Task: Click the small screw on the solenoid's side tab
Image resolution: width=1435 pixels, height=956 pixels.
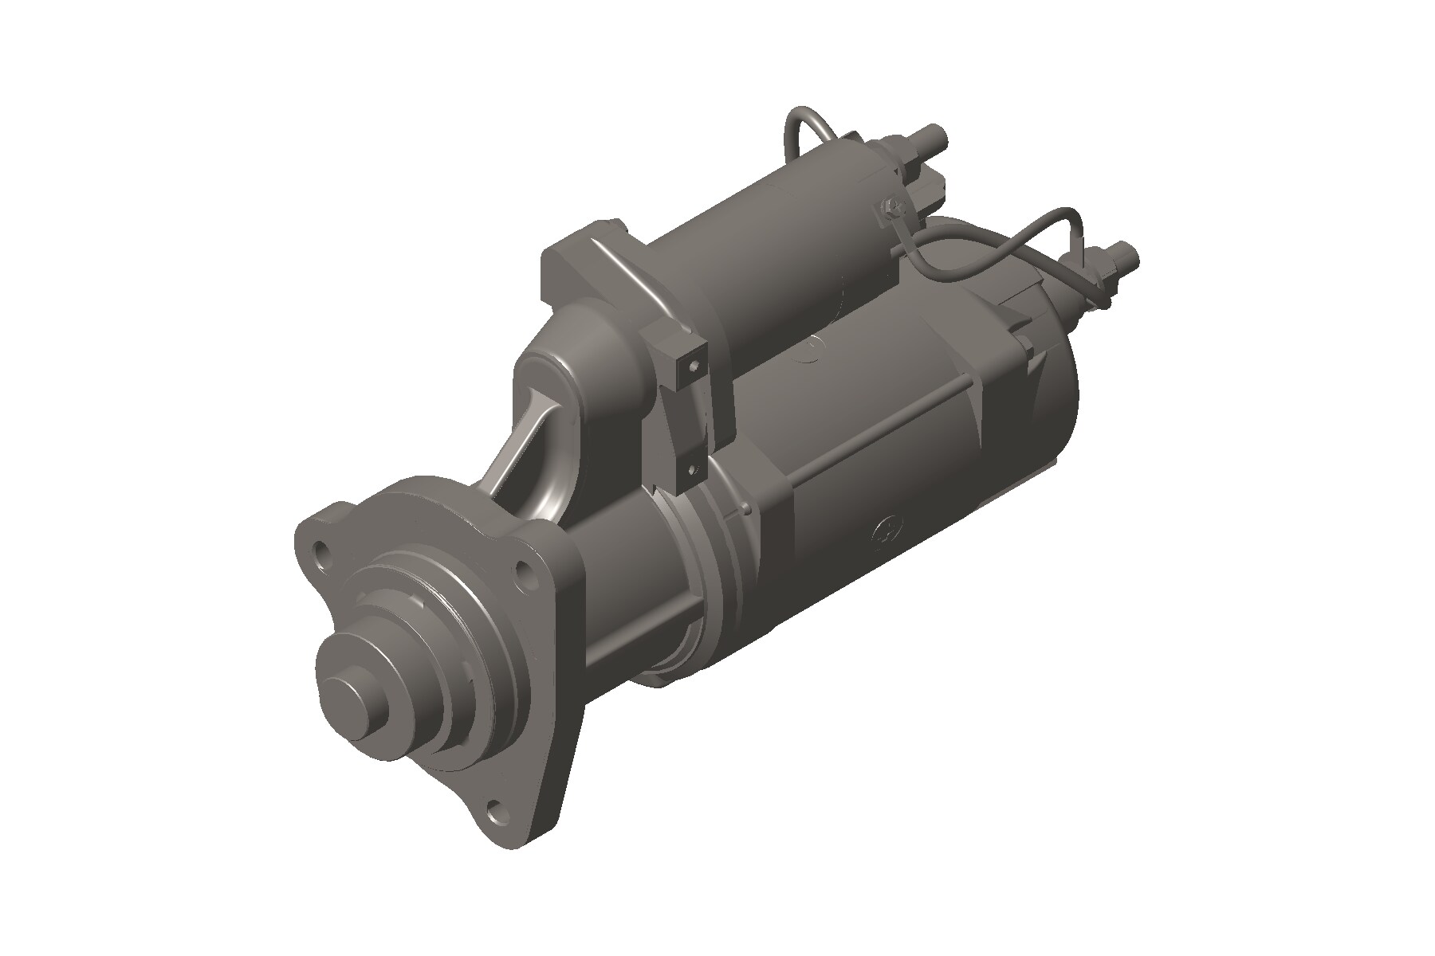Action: click(x=894, y=208)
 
